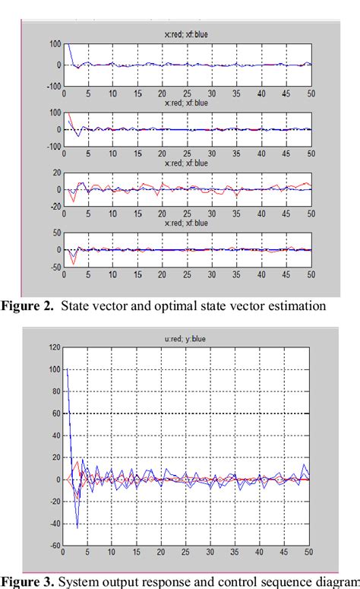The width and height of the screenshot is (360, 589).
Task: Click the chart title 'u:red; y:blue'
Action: tap(187, 340)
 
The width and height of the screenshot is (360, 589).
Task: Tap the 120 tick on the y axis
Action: tap(52, 347)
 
